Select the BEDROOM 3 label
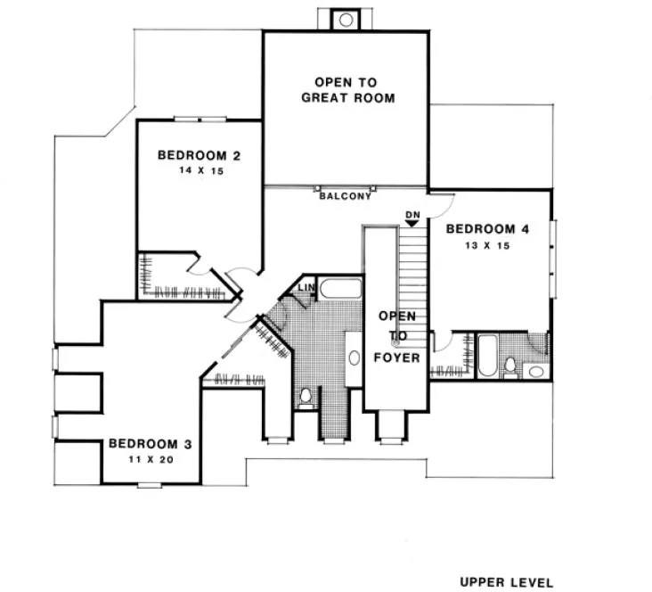(150, 443)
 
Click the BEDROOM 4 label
(487, 229)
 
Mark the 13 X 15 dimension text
(487, 245)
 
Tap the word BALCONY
(345, 196)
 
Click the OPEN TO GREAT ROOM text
(347, 90)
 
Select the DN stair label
(412, 215)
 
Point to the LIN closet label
(306, 288)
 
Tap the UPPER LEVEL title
(506, 582)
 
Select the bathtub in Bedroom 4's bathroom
(487, 356)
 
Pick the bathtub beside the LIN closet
(340, 289)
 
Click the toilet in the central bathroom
(305, 394)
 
